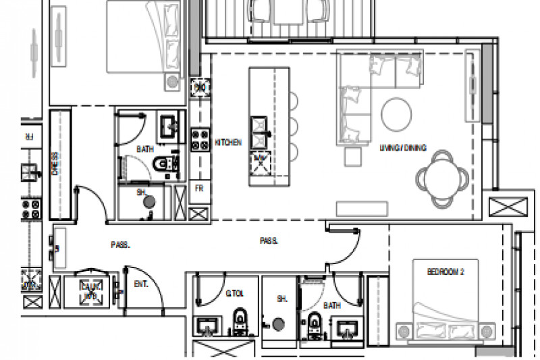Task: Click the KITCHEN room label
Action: (228, 143)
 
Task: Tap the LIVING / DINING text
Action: (402, 147)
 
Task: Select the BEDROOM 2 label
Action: (446, 272)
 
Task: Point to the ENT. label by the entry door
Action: (141, 284)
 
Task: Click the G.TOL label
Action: (234, 294)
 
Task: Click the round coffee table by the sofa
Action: (396, 115)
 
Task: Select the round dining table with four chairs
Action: (442, 178)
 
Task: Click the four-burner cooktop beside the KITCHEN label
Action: (199, 138)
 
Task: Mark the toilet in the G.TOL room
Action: (239, 323)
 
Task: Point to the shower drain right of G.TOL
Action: (278, 325)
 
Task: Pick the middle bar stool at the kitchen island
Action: (294, 125)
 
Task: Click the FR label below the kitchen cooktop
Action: (200, 190)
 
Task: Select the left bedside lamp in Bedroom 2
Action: (404, 332)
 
